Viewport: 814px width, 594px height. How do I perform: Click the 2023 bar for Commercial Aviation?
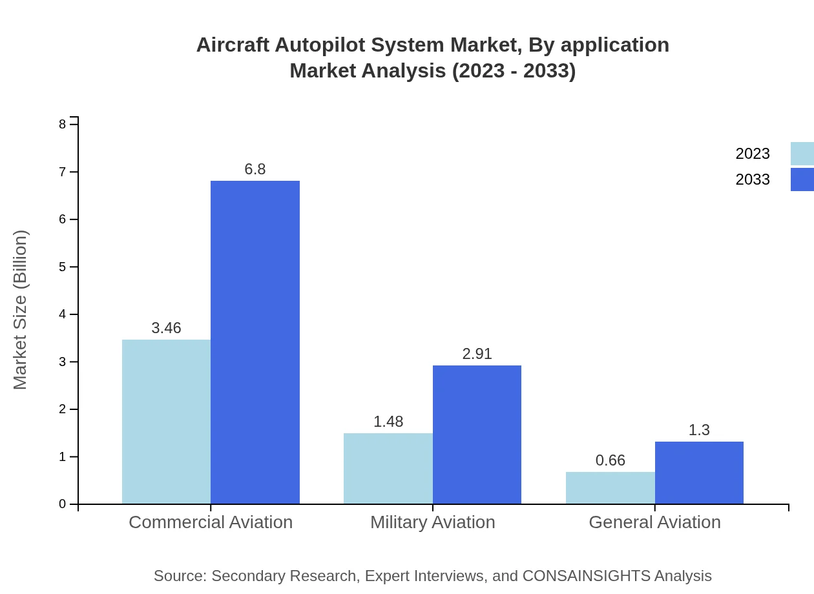166,422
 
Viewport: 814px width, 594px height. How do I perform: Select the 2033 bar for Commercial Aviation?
255,342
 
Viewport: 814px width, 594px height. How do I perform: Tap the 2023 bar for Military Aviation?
388,468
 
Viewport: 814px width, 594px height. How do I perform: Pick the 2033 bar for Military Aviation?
477,435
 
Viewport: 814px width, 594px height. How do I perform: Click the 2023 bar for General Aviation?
610,487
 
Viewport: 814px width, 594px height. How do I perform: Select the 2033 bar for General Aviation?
699,473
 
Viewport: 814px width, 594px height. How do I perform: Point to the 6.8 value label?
255,169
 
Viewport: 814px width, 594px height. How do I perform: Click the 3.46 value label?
166,328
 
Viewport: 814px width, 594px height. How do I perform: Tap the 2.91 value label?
477,354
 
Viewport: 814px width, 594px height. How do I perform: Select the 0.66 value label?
610,460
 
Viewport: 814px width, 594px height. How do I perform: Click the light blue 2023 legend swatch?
802,154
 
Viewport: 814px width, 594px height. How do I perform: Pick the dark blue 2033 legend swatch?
802,179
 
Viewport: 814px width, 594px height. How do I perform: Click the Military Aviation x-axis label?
432,522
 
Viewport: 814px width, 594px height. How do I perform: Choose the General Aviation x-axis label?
654,522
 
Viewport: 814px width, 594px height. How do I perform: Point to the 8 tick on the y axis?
63,124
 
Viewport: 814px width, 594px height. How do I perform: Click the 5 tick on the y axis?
63,267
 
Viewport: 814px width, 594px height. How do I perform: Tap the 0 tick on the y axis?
63,504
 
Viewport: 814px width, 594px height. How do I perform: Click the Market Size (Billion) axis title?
21,310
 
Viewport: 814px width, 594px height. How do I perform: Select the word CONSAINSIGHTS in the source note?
586,575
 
